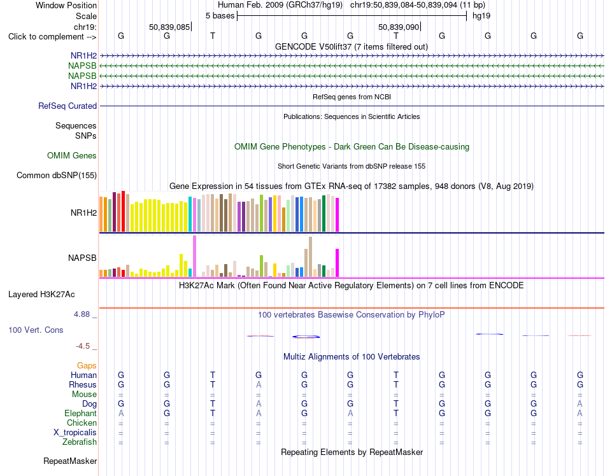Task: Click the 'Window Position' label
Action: (66, 5)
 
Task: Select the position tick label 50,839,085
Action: (169, 27)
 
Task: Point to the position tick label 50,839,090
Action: (399, 27)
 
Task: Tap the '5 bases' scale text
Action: (220, 16)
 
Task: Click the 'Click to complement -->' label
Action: (52, 37)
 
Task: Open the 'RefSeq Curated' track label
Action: (68, 106)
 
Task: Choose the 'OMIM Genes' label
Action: (72, 155)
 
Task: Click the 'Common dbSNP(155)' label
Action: (57, 176)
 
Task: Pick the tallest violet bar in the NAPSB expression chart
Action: (194, 256)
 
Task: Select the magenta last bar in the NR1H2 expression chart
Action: (338, 214)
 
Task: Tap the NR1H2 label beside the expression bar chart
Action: (83, 213)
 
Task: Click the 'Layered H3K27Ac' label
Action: (41, 295)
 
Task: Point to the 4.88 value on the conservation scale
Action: (82, 314)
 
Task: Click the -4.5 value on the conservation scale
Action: (83, 346)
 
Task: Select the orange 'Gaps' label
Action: (87, 365)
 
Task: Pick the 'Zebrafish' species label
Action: (80, 442)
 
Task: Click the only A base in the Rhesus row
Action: (259, 384)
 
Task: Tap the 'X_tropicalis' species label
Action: (75, 433)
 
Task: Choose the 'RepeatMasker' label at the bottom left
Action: (70, 461)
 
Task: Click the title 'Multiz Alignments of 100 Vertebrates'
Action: (352, 356)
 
